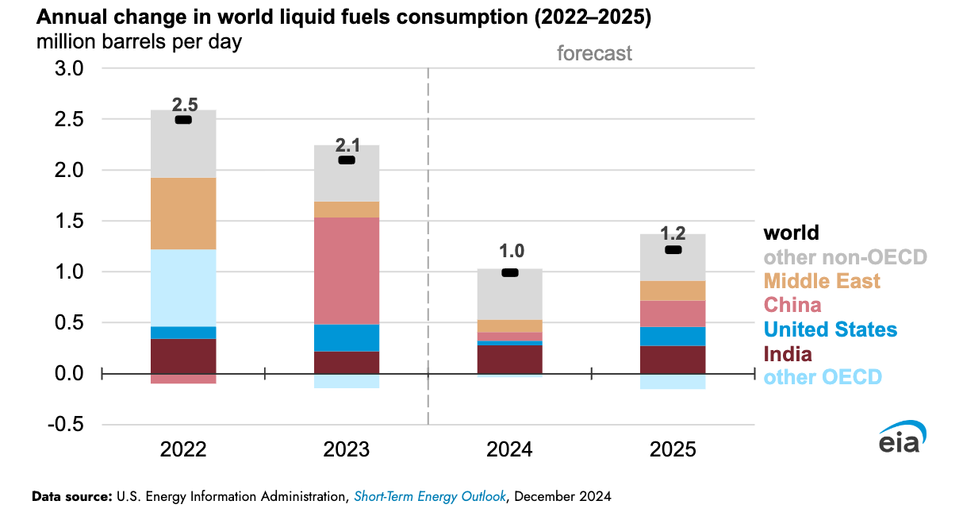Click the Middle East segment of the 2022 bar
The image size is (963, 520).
[183, 214]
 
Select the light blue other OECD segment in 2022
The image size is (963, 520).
[183, 287]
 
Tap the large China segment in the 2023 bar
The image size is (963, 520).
[347, 271]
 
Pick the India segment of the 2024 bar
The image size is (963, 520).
[510, 360]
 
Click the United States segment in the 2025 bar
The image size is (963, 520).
[673, 336]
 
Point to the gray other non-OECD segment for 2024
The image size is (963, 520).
[510, 294]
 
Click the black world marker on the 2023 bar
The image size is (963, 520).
[347, 160]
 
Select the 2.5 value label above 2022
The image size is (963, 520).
[184, 104]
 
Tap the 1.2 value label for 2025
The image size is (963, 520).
[673, 234]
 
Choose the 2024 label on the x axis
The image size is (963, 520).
[510, 450]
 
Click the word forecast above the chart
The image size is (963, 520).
[594, 53]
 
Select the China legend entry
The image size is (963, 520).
[792, 305]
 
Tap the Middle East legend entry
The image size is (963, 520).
[822, 281]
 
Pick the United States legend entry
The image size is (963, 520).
[830, 329]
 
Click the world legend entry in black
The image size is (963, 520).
[791, 233]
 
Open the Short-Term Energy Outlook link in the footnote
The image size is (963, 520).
[428, 497]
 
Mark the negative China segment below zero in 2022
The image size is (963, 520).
[183, 379]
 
